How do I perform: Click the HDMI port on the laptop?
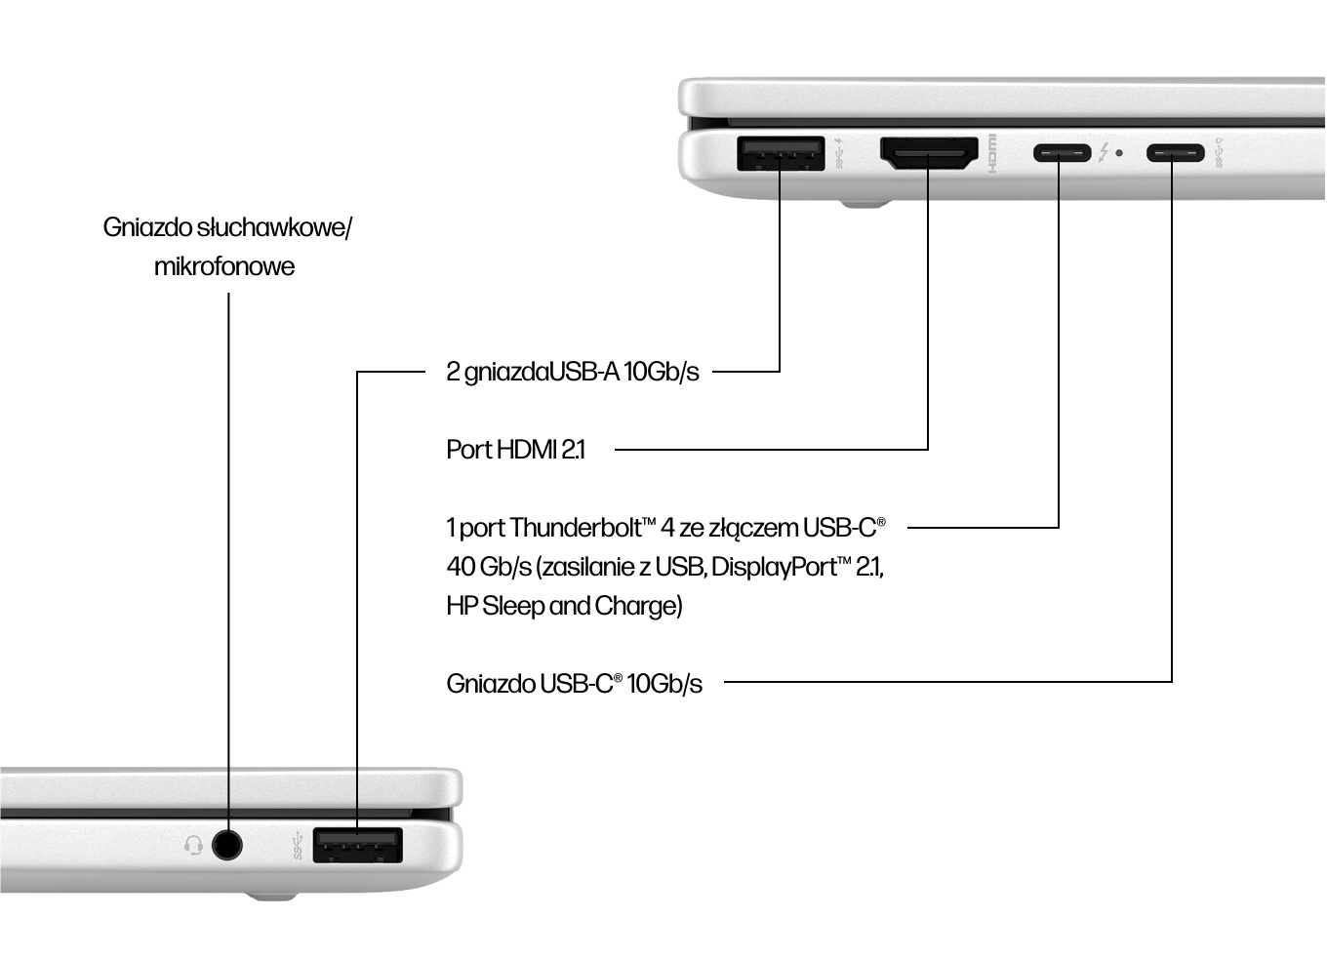(x=929, y=154)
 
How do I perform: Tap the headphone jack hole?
(x=226, y=844)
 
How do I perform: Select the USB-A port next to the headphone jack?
(x=357, y=845)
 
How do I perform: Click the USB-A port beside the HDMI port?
(x=780, y=154)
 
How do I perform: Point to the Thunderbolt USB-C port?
(x=1061, y=153)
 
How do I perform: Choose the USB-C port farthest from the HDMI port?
(x=1174, y=153)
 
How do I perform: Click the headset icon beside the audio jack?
(x=193, y=845)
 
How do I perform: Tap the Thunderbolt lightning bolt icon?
(x=1104, y=153)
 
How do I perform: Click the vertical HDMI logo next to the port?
(x=992, y=153)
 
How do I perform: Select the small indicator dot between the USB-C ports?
(x=1118, y=153)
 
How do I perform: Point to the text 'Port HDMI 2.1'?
(x=515, y=450)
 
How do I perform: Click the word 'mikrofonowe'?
(x=223, y=266)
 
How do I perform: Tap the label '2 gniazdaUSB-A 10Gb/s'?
(x=572, y=372)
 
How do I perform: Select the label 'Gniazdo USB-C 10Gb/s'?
(x=574, y=684)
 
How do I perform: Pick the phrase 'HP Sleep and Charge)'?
(x=564, y=606)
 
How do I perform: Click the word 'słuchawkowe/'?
(x=274, y=227)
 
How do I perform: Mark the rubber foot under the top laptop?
(x=865, y=205)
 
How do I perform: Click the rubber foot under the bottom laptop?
(x=269, y=895)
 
